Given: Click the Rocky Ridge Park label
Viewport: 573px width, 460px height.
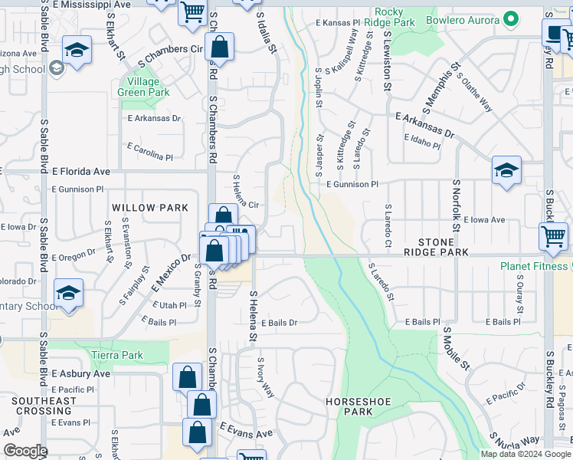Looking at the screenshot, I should [x=395, y=17].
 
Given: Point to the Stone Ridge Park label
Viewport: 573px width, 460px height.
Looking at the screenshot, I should [x=437, y=247].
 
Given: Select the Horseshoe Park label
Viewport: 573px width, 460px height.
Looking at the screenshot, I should [x=349, y=406].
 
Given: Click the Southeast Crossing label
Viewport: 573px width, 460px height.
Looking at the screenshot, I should [x=44, y=406].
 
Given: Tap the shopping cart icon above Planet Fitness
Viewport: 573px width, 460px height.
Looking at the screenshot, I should [x=553, y=236].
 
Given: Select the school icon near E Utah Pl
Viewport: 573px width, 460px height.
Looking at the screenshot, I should [x=68, y=294].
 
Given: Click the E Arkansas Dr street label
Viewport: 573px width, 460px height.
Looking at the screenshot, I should [x=424, y=126].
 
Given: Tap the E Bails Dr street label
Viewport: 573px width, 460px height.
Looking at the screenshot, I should [x=278, y=323].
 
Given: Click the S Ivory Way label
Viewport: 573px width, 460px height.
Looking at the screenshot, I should [x=265, y=377].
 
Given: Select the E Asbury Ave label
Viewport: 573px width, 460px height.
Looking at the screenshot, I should [x=81, y=373].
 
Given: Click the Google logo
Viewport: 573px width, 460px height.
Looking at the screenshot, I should [x=25, y=451].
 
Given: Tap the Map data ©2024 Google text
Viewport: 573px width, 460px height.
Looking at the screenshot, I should [x=525, y=454].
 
